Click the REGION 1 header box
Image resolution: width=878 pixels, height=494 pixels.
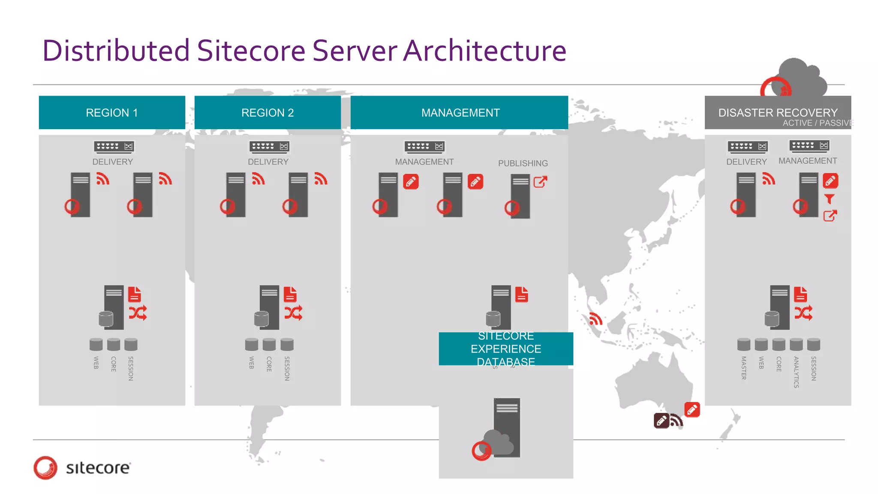click(x=112, y=112)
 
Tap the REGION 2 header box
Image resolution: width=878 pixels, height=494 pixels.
click(x=268, y=112)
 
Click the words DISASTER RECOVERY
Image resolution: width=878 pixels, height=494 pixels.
click(x=778, y=112)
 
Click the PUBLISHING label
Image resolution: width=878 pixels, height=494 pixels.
click(x=523, y=163)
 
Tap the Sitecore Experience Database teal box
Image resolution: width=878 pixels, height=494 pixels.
click(x=506, y=349)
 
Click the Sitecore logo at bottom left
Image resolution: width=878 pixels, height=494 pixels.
click(x=82, y=467)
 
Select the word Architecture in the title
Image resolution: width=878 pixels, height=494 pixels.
click(x=485, y=51)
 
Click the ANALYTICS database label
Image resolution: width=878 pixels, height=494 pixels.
click(x=796, y=372)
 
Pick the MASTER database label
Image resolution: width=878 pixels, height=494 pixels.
click(x=744, y=368)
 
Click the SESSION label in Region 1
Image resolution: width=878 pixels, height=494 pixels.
click(x=131, y=368)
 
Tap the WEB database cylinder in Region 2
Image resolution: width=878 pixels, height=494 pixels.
click(x=252, y=344)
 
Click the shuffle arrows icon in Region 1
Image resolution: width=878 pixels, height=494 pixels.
click(x=138, y=313)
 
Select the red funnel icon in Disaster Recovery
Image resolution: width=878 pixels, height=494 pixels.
click(x=830, y=199)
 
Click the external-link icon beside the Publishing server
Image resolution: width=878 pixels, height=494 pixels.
click(x=540, y=182)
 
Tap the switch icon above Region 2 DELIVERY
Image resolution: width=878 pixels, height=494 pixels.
click(x=269, y=147)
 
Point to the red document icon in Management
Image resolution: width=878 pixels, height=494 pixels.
click(x=521, y=295)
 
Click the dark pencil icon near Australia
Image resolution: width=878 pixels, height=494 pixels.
click(x=661, y=421)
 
